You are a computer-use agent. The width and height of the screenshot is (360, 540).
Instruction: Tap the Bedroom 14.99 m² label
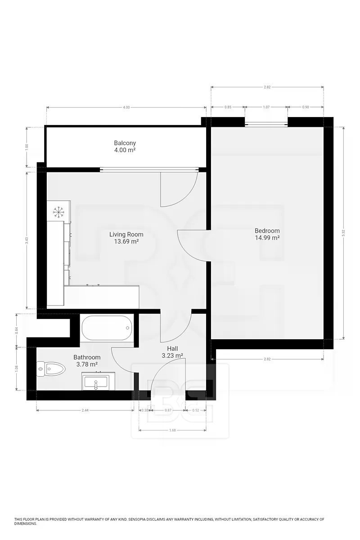pos(267,234)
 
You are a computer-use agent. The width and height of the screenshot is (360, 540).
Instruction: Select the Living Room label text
pos(126,234)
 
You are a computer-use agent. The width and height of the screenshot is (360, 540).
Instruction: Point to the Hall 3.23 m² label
pos(172,352)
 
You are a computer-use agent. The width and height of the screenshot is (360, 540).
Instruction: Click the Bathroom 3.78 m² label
pos(87,360)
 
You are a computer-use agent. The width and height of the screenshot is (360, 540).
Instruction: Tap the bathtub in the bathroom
pos(107,328)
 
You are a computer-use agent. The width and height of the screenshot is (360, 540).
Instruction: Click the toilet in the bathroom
pos(51,369)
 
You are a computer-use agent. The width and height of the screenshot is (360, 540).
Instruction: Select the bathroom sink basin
pos(96,382)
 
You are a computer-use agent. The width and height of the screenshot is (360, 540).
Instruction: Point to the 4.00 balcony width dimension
pos(126,107)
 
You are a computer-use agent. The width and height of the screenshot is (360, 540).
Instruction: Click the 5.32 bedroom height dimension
pos(343,233)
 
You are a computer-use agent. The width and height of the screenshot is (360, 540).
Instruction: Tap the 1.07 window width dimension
pos(266,107)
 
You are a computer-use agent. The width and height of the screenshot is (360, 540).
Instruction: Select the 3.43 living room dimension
pos(27,240)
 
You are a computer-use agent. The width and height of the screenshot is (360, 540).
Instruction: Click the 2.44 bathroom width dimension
pos(85,410)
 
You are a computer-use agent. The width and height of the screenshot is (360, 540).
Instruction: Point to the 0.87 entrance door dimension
pos(168,410)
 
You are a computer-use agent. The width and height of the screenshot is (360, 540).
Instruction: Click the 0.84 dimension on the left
pos(17,330)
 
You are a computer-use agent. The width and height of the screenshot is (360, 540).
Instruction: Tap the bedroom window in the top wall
pos(266,124)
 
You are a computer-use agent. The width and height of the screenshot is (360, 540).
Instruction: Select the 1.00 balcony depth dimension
pos(27,147)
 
